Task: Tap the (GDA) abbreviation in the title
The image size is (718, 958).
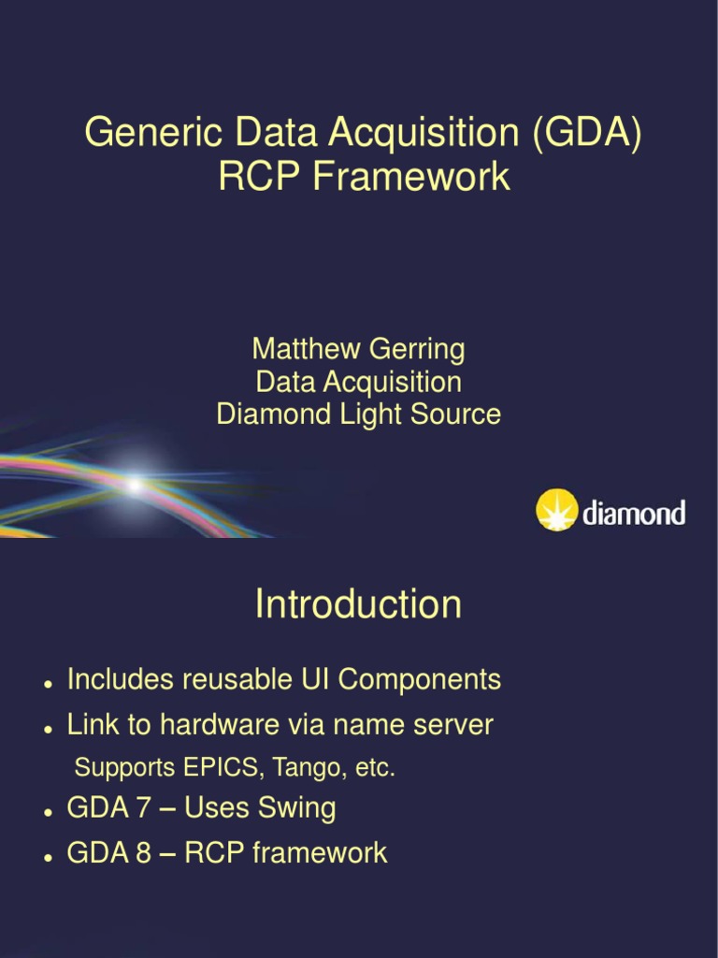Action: pyautogui.click(x=588, y=133)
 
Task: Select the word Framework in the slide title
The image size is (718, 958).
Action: pyautogui.click(x=412, y=176)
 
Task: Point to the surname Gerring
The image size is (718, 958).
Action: pyautogui.click(x=417, y=350)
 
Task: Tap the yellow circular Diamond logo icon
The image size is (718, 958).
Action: pyautogui.click(x=556, y=510)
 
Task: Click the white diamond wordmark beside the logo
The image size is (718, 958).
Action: pyautogui.click(x=634, y=513)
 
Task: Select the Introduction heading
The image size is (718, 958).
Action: pyautogui.click(x=358, y=604)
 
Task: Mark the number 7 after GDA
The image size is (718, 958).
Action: pyautogui.click(x=143, y=807)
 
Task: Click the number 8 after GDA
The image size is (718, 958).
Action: pyautogui.click(x=143, y=852)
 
